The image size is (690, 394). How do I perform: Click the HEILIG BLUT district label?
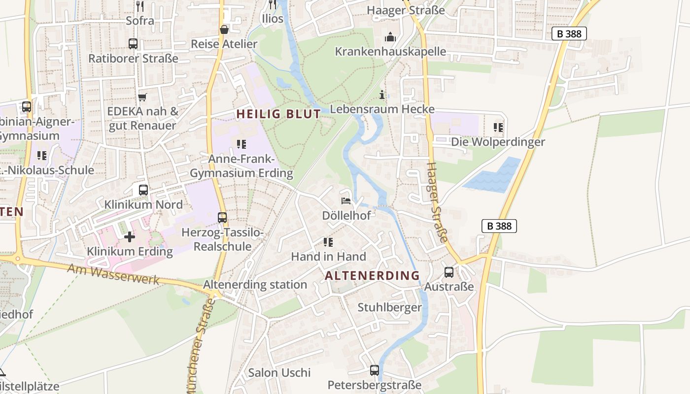(x=278, y=114)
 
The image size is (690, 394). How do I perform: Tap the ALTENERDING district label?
(x=372, y=275)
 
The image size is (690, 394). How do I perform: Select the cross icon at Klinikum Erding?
(x=130, y=237)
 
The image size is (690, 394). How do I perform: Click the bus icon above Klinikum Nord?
(x=143, y=190)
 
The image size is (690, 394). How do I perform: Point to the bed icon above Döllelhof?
(x=346, y=201)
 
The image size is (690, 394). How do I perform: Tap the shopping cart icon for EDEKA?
(x=142, y=97)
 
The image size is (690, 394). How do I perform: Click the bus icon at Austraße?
(x=449, y=272)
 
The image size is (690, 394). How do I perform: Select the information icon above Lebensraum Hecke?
(x=382, y=95)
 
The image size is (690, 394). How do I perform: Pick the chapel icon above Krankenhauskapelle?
(x=390, y=36)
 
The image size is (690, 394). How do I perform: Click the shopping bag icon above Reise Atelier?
(x=224, y=30)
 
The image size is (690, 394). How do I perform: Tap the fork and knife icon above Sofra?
(x=140, y=6)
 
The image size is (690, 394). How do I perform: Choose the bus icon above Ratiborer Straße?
(x=133, y=44)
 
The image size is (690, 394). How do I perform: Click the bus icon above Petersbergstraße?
(x=375, y=370)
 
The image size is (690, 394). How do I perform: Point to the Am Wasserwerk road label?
(x=113, y=274)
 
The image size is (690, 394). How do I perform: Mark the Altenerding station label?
(x=255, y=284)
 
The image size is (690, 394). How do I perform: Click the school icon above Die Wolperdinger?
(x=498, y=128)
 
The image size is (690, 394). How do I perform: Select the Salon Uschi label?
(x=279, y=372)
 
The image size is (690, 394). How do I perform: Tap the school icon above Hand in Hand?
(x=328, y=242)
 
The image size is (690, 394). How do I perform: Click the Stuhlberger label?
(x=389, y=307)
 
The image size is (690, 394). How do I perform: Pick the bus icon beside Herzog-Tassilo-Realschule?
(x=222, y=217)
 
